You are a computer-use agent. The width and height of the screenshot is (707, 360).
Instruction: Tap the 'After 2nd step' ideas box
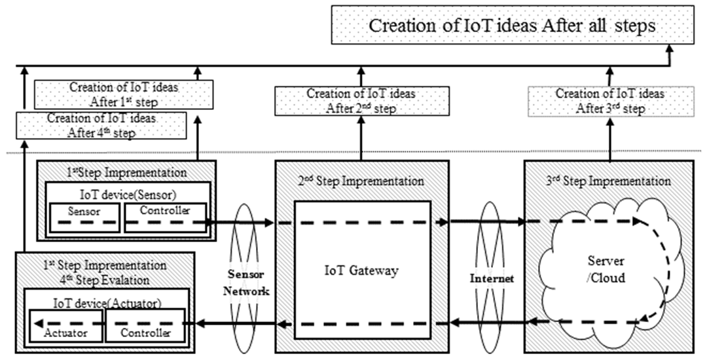coord(361,101)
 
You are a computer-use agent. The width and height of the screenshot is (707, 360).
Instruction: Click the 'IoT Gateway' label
coord(361,271)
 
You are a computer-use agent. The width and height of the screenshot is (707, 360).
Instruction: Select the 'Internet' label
coord(492,278)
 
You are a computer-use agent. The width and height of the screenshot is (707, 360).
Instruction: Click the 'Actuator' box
coord(65,325)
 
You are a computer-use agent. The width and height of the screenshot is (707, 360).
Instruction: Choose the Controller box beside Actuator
coord(145,325)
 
